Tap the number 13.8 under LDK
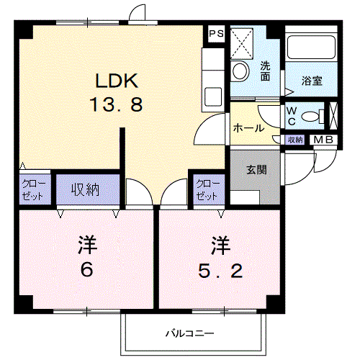coord(116,104)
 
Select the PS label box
coord(215,34)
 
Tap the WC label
coord(292,115)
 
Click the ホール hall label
coord(247,127)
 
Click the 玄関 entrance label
coord(256,170)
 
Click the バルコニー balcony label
coord(189,333)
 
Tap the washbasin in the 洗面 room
coord(239,71)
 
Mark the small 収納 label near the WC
coord(295,139)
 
